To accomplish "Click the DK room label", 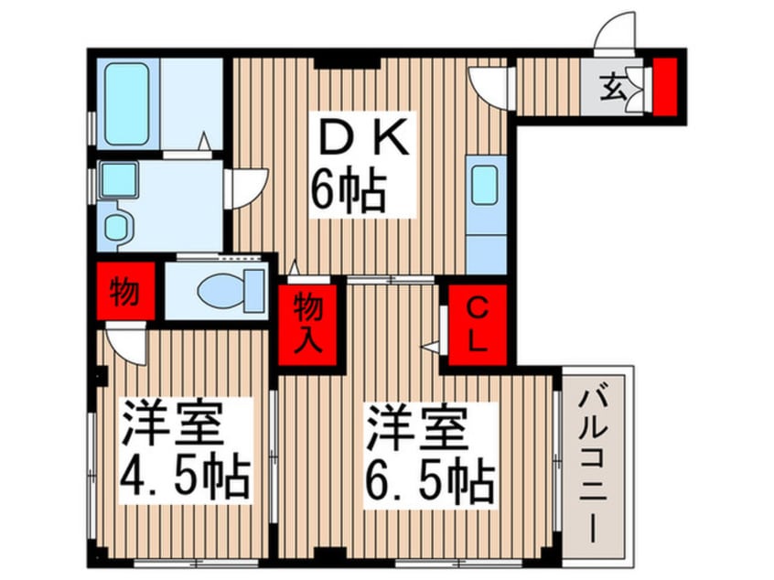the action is click(364, 136).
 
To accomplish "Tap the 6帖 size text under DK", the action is click(348, 190).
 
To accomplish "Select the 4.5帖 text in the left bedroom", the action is click(185, 478).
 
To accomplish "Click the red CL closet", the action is click(477, 325).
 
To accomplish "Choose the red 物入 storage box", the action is click(308, 325).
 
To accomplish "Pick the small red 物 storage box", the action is click(125, 291).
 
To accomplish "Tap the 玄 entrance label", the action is click(611, 87).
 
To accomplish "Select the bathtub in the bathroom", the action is click(127, 103).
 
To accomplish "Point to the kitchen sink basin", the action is click(484, 185).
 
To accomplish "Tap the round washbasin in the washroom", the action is click(118, 227).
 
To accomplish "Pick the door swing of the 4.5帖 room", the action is click(126, 344).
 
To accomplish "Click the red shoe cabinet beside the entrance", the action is click(664, 87).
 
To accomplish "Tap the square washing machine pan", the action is click(118, 179).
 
